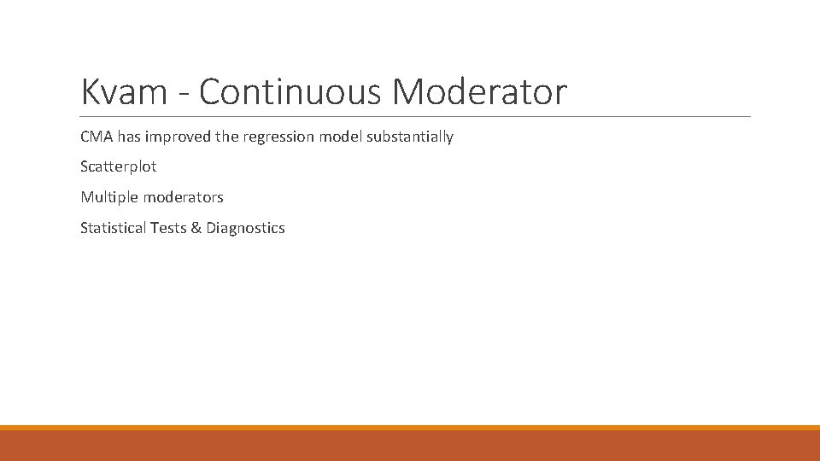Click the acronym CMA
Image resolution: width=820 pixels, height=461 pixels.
pyautogui.click(x=96, y=137)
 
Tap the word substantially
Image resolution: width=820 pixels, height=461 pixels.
pyautogui.click(x=410, y=137)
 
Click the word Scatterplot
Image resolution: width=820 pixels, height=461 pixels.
pyautogui.click(x=119, y=167)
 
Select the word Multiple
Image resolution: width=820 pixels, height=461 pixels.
pyautogui.click(x=109, y=197)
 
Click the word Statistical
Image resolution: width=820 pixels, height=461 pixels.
pyautogui.click(x=113, y=228)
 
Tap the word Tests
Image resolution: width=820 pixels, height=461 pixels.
pyautogui.click(x=167, y=228)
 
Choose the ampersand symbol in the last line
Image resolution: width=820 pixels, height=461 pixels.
pyautogui.click(x=196, y=228)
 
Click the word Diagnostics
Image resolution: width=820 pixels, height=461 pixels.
pyautogui.click(x=245, y=228)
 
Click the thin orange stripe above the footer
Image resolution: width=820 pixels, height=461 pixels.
pyautogui.click(x=410, y=428)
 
